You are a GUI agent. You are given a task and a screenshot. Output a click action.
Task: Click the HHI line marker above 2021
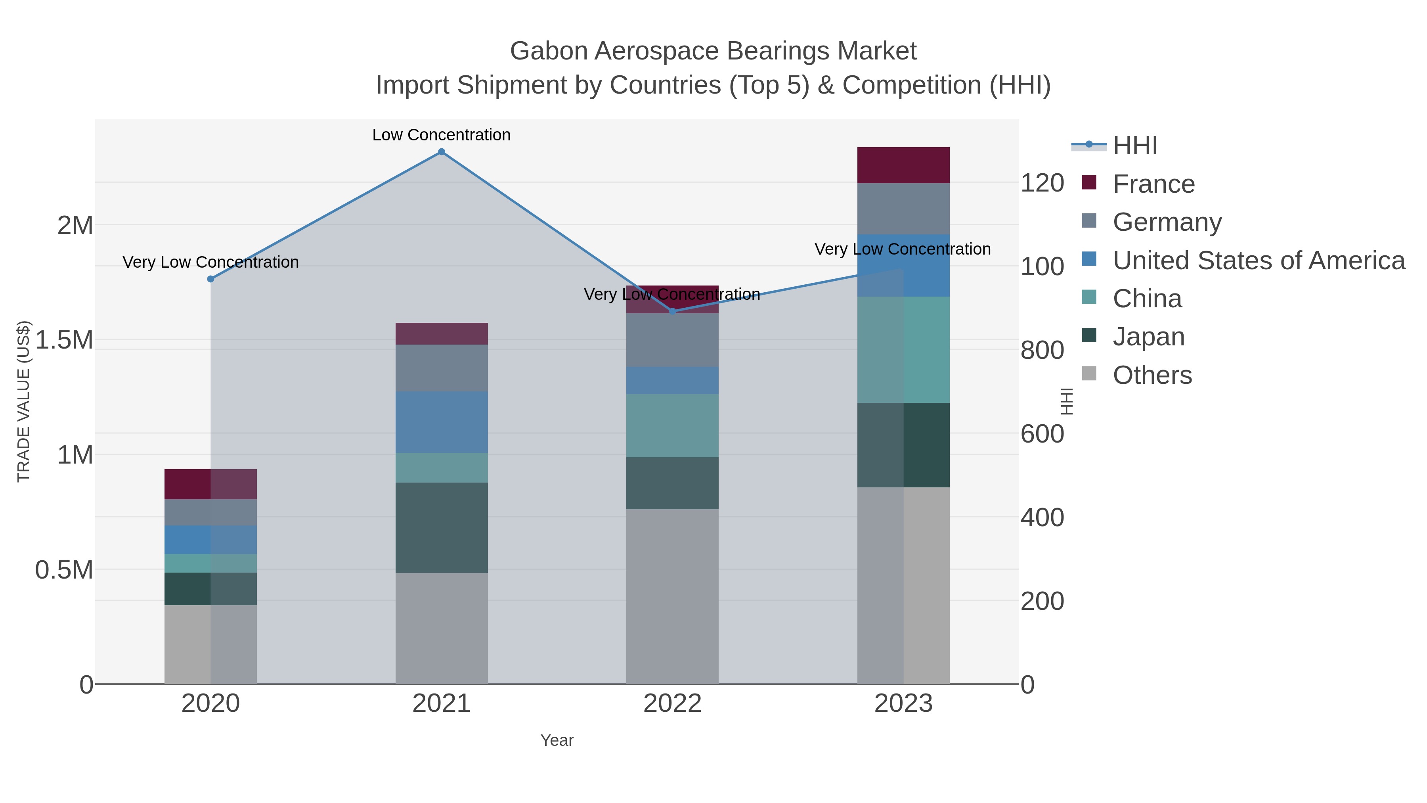click(x=442, y=152)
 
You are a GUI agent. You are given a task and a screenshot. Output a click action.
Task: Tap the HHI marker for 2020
click(x=210, y=279)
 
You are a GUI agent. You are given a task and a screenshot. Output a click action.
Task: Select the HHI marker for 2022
click(x=673, y=311)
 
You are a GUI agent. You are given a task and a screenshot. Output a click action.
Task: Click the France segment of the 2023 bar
click(x=903, y=165)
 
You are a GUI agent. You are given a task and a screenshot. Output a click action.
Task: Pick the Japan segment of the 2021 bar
click(x=442, y=527)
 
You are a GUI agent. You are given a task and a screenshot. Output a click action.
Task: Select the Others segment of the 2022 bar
click(x=673, y=596)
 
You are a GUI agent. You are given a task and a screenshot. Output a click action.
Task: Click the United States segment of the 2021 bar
click(x=442, y=422)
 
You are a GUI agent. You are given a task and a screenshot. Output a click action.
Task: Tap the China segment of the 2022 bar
click(x=673, y=425)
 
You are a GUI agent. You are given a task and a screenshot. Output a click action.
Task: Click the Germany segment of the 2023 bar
click(x=903, y=209)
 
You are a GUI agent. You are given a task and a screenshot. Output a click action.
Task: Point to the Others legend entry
click(x=1152, y=375)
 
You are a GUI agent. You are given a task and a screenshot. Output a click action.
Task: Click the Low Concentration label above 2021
click(x=442, y=135)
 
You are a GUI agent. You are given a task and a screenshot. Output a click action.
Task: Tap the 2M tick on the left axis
click(x=75, y=226)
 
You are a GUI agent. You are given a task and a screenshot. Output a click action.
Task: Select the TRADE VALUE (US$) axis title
click(x=24, y=401)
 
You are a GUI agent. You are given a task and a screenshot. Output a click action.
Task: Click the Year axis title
click(x=557, y=740)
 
